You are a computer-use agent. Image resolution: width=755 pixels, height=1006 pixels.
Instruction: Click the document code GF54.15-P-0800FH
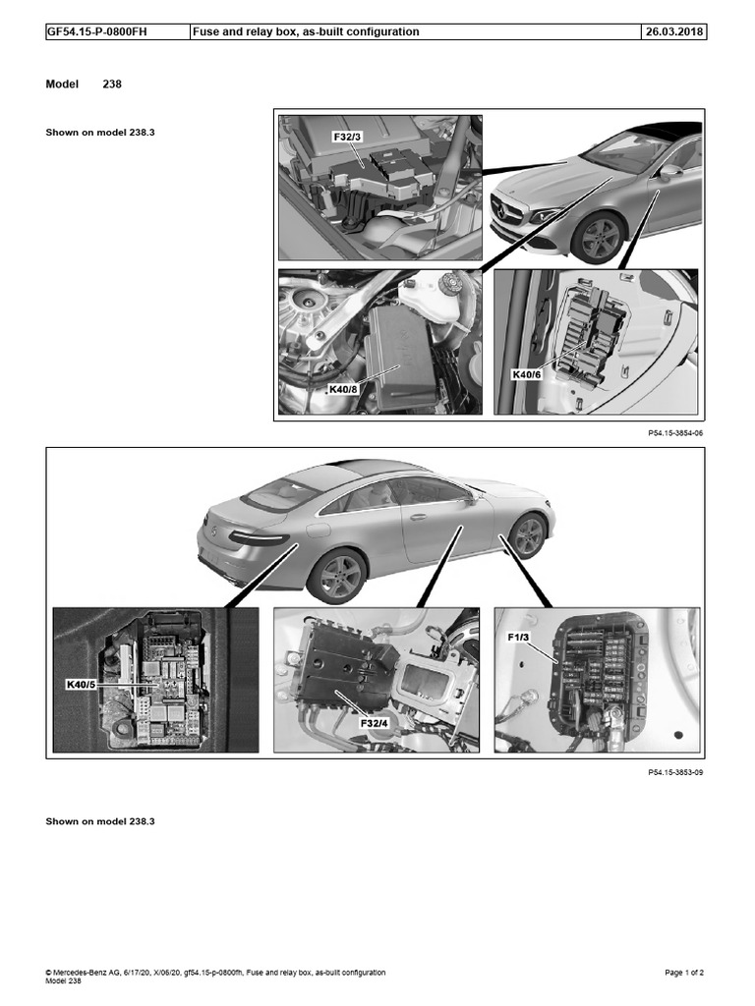point(96,31)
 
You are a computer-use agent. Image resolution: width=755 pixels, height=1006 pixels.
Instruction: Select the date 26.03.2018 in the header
point(673,31)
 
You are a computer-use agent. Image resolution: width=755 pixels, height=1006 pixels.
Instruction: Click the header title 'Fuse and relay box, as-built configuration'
point(307,31)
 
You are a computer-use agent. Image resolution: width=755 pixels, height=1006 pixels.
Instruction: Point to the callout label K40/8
point(344,389)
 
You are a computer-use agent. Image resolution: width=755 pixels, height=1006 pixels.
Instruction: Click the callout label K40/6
point(527,374)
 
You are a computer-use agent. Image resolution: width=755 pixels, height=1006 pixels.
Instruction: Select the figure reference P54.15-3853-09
point(675,772)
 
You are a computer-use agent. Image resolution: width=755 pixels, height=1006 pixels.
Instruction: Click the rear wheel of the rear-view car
point(336,578)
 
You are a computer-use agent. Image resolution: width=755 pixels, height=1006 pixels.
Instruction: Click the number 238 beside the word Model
point(112,84)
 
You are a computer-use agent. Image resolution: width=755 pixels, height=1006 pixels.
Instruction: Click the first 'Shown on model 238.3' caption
point(100,132)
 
